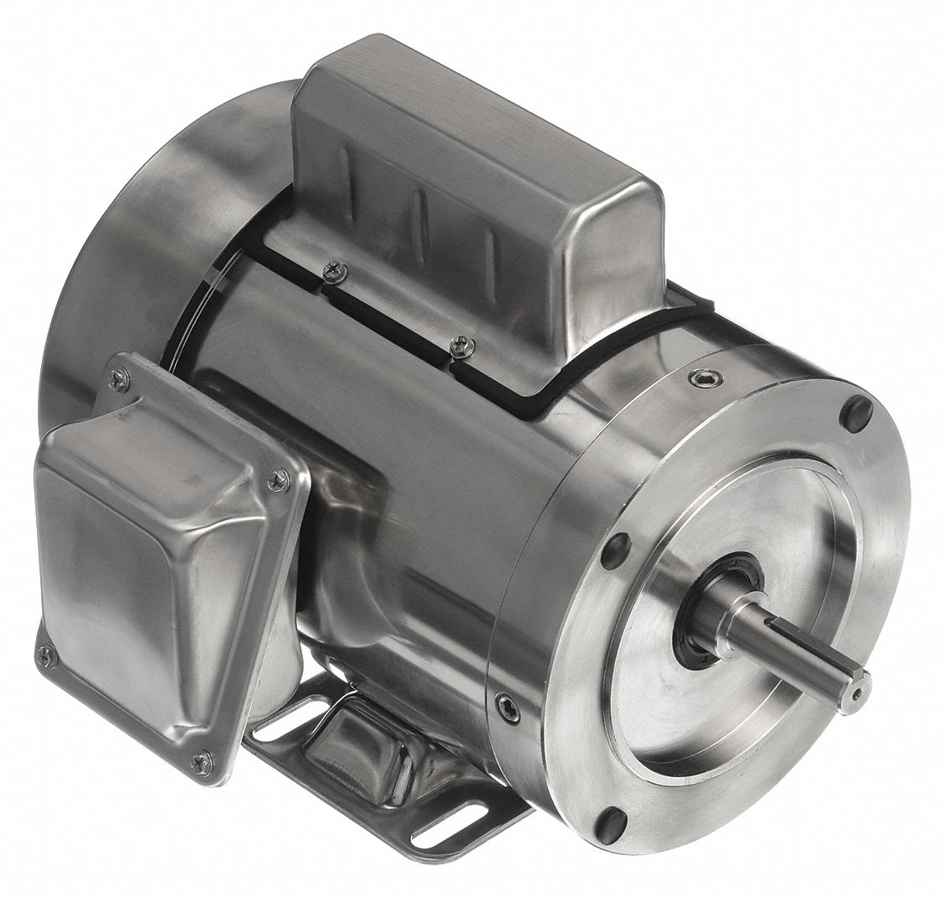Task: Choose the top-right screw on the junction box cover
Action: click(278, 479)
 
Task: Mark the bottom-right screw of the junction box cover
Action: click(199, 762)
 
